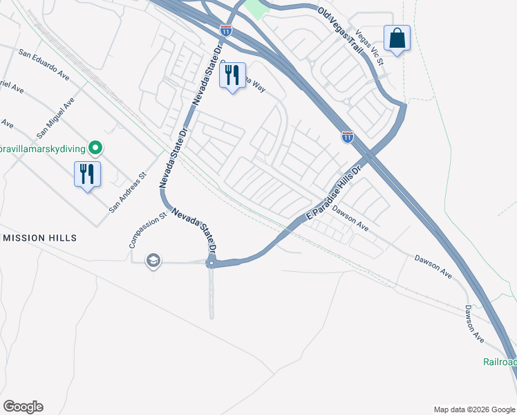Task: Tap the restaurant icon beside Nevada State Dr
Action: pyautogui.click(x=232, y=75)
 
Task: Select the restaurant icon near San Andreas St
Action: pyautogui.click(x=87, y=174)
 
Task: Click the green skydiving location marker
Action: pyautogui.click(x=97, y=148)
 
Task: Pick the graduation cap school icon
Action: pyautogui.click(x=153, y=260)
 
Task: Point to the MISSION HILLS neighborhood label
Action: pyautogui.click(x=39, y=238)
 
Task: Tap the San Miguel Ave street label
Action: pyautogui.click(x=55, y=116)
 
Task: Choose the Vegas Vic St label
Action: pyautogui.click(x=368, y=47)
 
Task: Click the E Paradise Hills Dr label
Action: pyautogui.click(x=335, y=194)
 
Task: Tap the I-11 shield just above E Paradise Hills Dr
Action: pyautogui.click(x=348, y=137)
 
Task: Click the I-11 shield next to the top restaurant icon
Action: pyautogui.click(x=226, y=30)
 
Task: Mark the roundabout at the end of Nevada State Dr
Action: pyautogui.click(x=211, y=262)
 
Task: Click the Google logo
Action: pyautogui.click(x=23, y=407)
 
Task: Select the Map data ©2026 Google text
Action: pyautogui.click(x=473, y=409)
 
